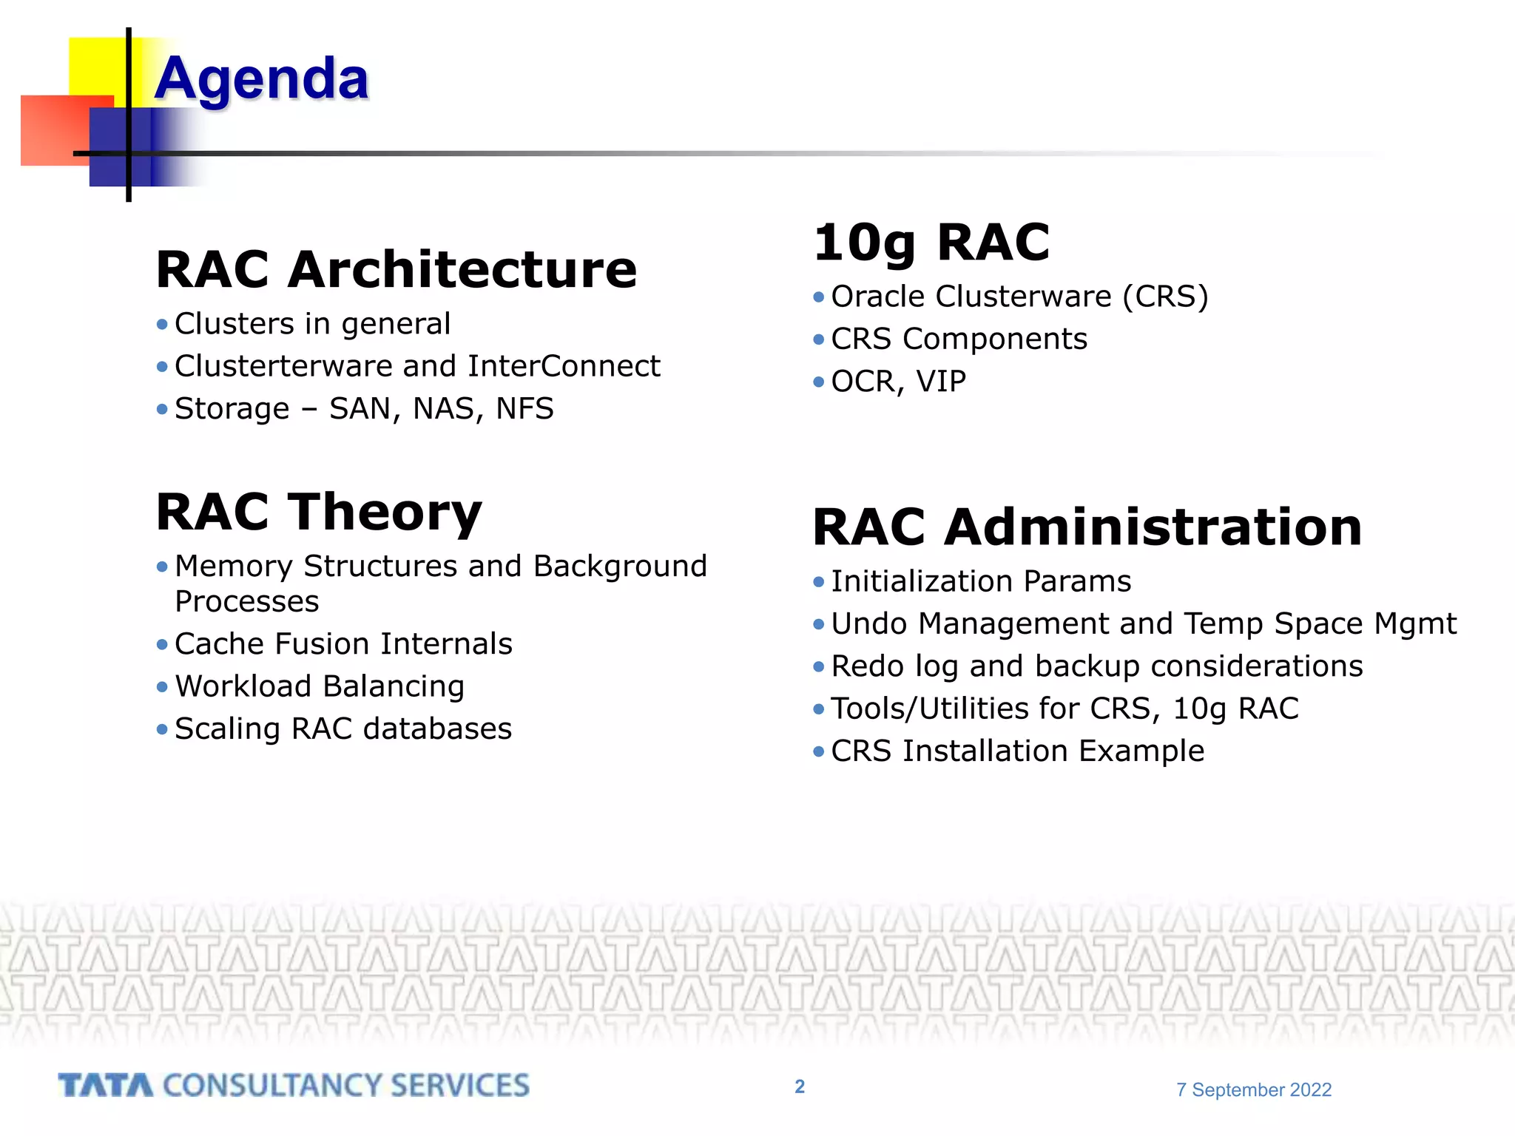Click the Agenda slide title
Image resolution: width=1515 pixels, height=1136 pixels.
(x=261, y=78)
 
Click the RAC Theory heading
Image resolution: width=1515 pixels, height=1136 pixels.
(x=319, y=512)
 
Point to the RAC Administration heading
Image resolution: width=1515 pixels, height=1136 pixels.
(x=1087, y=527)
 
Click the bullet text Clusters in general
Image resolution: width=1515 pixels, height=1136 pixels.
(x=312, y=324)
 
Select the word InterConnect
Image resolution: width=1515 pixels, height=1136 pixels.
(x=564, y=366)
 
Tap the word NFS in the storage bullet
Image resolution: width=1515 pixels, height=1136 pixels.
(x=524, y=409)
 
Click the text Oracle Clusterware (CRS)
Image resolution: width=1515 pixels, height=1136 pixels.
(x=1019, y=297)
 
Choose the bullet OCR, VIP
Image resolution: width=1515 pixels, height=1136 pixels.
(x=898, y=382)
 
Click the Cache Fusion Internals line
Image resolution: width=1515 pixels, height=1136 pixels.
(x=343, y=644)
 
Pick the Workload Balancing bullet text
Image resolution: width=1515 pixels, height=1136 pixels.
(x=320, y=686)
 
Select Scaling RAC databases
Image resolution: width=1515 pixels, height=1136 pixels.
(x=343, y=729)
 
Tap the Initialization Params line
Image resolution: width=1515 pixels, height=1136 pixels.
(x=981, y=581)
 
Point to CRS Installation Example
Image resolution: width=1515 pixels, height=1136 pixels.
(x=1017, y=751)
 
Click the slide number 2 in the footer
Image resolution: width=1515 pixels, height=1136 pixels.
(x=800, y=1086)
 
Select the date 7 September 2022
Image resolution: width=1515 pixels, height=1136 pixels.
(x=1254, y=1089)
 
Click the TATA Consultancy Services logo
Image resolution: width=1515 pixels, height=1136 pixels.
(x=294, y=1086)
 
